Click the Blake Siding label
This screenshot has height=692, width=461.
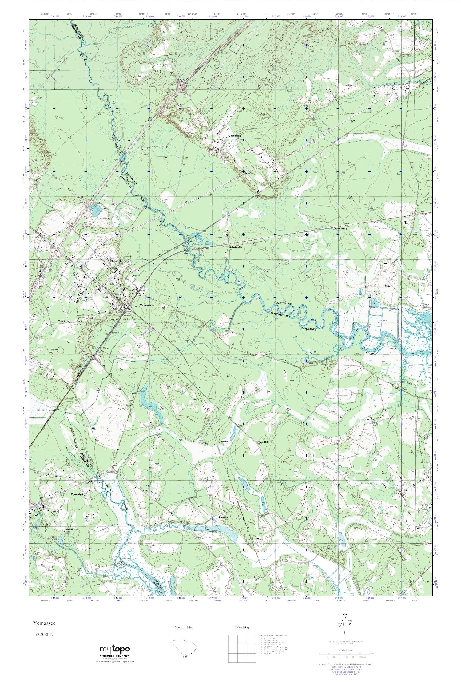(x=340, y=228)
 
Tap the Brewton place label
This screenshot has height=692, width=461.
(x=224, y=442)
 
